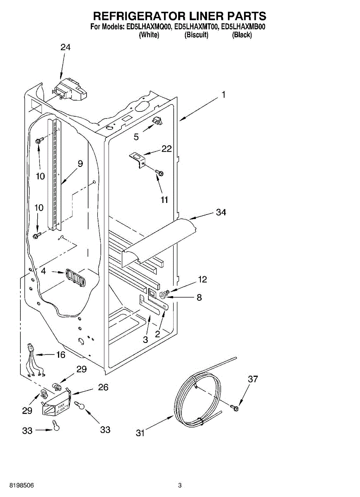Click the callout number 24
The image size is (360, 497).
click(65, 47)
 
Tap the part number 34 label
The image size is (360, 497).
click(221, 212)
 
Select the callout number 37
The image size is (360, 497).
click(253, 379)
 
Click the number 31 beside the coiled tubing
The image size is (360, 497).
click(140, 433)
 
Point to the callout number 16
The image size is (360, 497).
click(60, 355)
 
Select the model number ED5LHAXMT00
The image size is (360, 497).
click(196, 27)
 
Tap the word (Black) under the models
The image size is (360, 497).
click(242, 35)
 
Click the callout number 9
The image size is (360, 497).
click(80, 164)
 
